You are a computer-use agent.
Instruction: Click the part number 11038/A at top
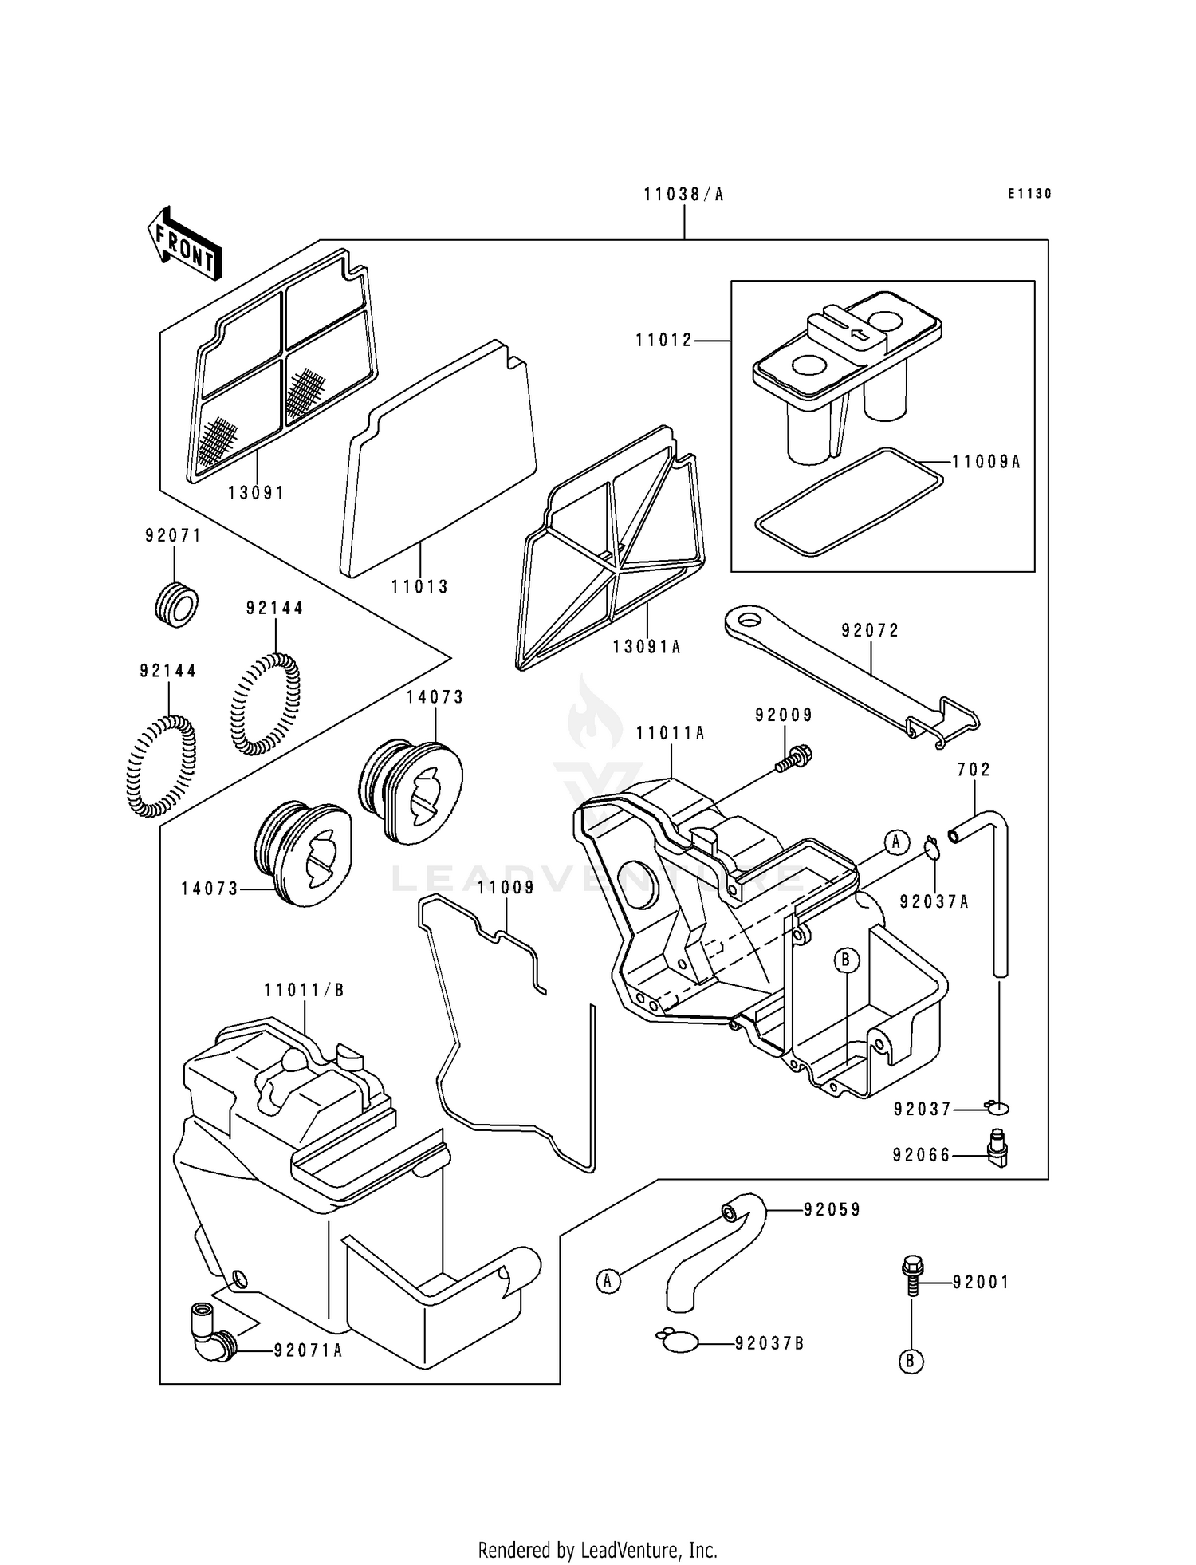[683, 195]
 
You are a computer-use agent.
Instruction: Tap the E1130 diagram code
[1029, 194]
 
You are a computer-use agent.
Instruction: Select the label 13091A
[647, 648]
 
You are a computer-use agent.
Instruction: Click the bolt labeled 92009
[794, 758]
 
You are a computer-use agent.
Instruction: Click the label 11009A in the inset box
[986, 462]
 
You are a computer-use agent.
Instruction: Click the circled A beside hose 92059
[608, 1282]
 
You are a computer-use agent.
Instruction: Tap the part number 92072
[870, 631]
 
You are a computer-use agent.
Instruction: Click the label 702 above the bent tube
[974, 770]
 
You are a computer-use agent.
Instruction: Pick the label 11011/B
[304, 991]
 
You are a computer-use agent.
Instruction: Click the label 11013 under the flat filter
[419, 587]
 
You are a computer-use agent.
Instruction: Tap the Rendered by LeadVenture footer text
[597, 1528]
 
